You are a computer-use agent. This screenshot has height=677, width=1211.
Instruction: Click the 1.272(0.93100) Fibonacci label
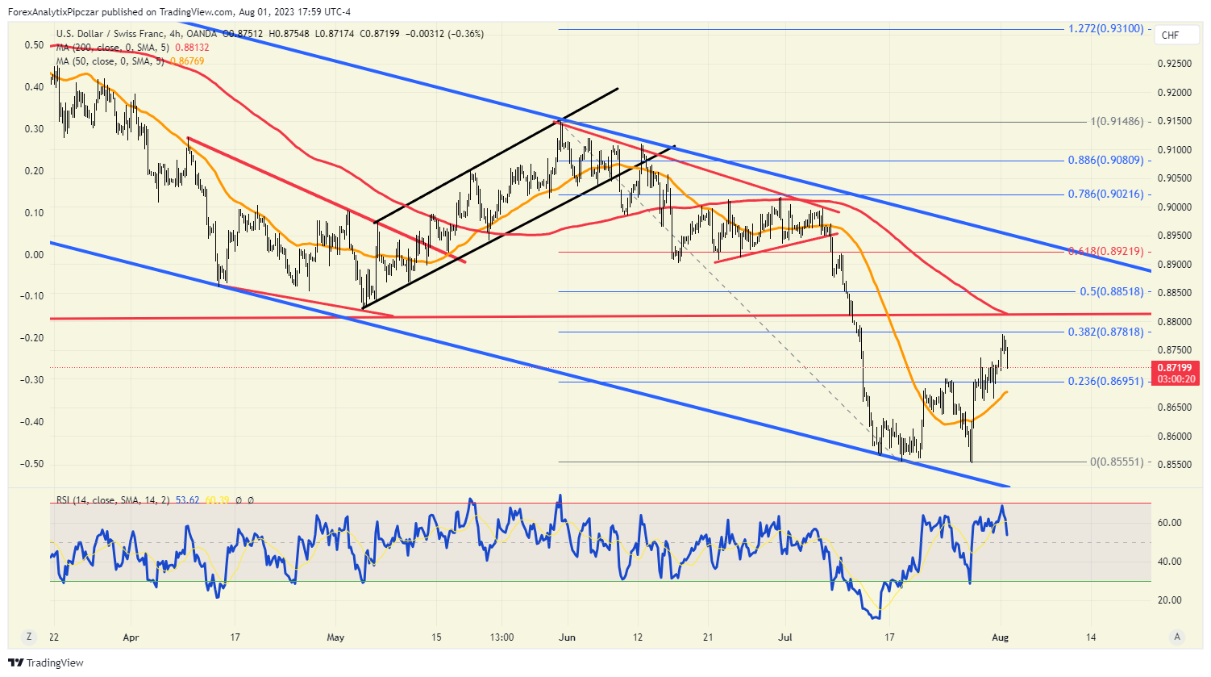[x=1106, y=29]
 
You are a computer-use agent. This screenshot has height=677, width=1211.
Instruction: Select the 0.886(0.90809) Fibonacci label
[x=1106, y=161]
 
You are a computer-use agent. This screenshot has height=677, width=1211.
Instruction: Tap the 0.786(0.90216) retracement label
[x=1106, y=194]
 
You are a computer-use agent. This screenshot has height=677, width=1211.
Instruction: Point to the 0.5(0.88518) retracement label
[x=1112, y=292]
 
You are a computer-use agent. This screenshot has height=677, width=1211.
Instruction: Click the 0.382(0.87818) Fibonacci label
[x=1106, y=332]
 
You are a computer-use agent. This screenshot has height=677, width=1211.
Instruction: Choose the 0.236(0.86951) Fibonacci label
[x=1106, y=382]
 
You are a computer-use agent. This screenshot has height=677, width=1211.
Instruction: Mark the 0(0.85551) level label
[x=1117, y=462]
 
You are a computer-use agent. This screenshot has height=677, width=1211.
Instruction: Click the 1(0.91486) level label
[x=1117, y=122]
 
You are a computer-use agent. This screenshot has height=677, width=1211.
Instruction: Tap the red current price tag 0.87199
[x=1176, y=368]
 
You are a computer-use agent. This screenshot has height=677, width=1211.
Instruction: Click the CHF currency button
[x=1170, y=36]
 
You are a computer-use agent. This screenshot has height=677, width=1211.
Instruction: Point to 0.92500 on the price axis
[x=1174, y=64]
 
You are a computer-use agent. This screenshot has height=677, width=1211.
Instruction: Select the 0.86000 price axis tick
[x=1174, y=437]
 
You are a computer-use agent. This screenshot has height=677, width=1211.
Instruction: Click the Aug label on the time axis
[x=1000, y=637]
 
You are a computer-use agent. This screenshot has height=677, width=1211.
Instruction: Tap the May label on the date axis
[x=335, y=637]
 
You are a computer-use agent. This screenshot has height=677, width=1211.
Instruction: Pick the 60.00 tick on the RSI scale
[x=1170, y=523]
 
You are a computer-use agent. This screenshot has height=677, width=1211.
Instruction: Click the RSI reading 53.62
[x=188, y=500]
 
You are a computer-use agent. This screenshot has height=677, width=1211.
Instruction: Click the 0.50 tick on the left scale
[x=34, y=45]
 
